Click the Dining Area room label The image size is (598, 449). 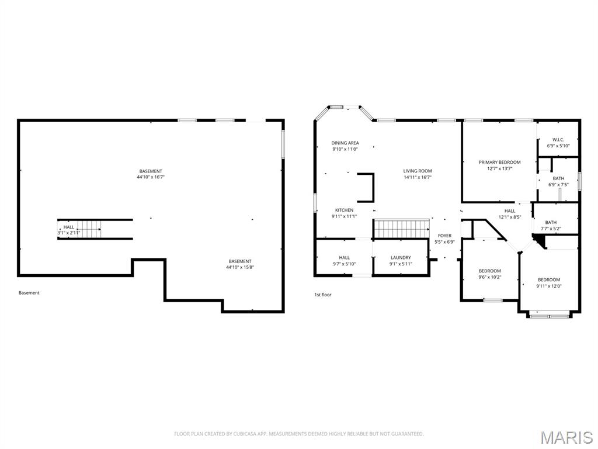pos(345,143)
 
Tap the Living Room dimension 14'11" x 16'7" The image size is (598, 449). pos(418,177)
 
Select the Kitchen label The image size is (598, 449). pos(344,210)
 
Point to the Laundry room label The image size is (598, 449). pos(401,257)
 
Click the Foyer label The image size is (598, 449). pos(444,236)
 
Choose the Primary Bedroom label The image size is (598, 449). pos(499,162)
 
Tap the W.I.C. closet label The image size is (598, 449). pos(558,139)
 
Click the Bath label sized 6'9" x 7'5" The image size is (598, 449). pos(558,178)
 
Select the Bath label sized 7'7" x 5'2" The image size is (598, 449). pos(551,222)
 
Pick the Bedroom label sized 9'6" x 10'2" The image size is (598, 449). pos(489,271)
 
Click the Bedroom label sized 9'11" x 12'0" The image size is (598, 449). pos(548,279)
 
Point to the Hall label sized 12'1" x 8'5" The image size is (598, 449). pos(510,210)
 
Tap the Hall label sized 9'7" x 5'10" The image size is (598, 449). pos(344,257)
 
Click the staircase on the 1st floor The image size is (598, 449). pos(401,229)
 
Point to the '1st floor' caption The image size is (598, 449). pos(322,295)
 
